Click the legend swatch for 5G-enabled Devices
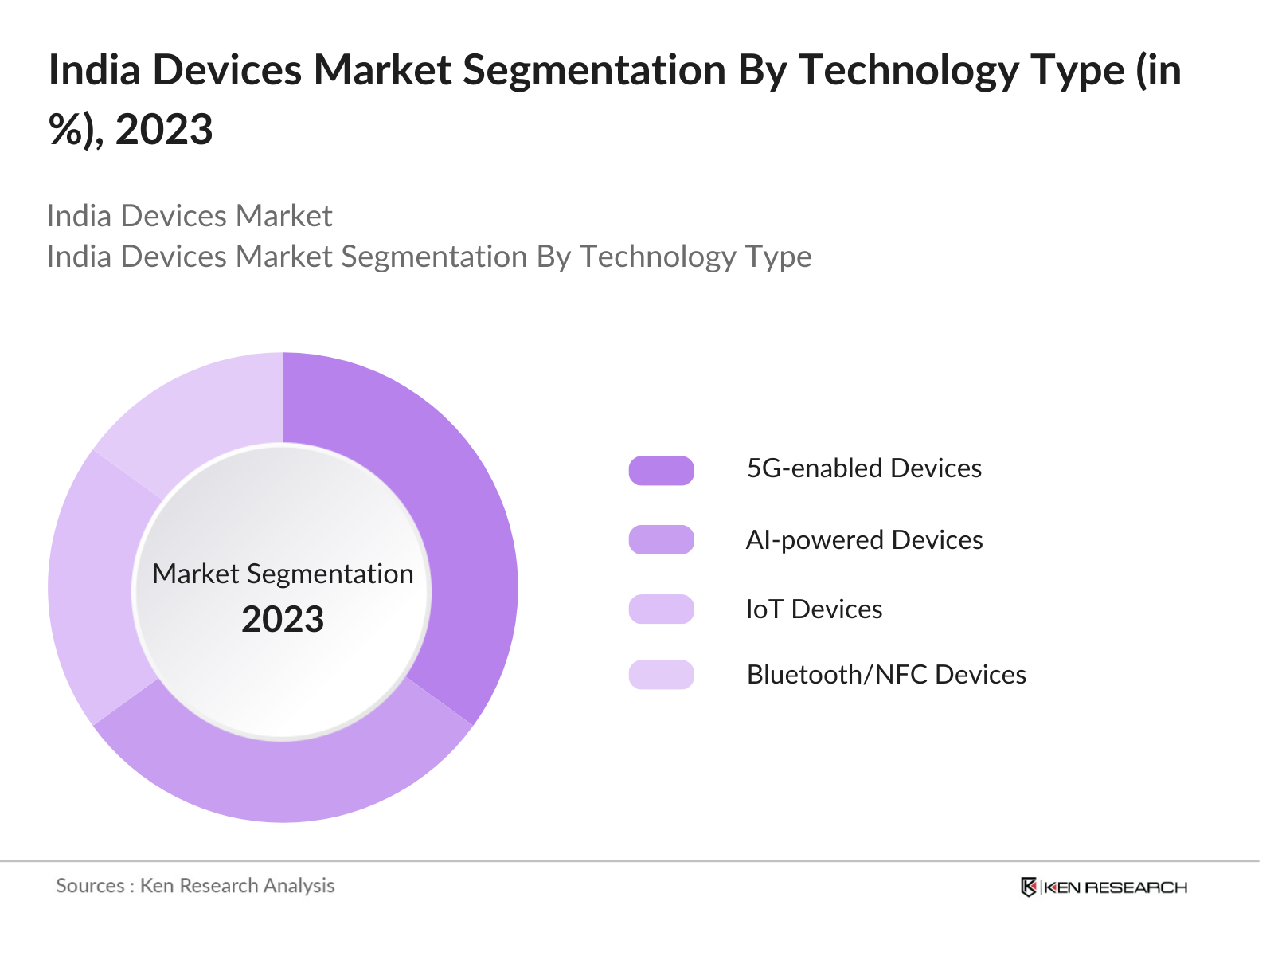point(661,471)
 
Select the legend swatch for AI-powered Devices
point(661,540)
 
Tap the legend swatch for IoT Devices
point(661,609)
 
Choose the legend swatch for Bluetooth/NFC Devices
point(661,675)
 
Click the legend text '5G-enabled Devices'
point(864,468)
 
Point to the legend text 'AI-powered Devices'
point(864,540)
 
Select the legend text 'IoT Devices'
point(814,609)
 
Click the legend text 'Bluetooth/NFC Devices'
point(886,675)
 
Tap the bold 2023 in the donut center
point(283,620)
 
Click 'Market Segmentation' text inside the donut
point(283,574)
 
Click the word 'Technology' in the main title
point(908,70)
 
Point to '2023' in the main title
point(164,129)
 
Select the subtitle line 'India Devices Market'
point(190,216)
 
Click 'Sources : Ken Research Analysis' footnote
point(195,886)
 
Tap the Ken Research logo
point(1104,887)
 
